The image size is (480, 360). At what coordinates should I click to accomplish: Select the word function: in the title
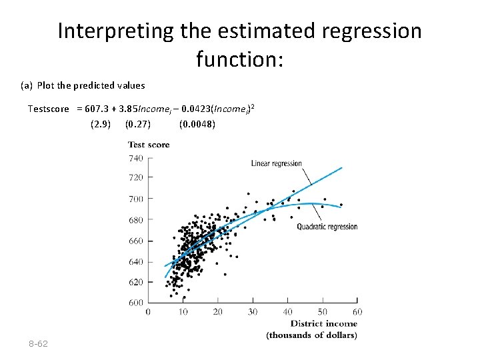(x=240, y=60)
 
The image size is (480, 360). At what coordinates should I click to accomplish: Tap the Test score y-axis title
(x=149, y=145)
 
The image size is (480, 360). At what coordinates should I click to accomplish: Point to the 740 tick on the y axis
(x=135, y=158)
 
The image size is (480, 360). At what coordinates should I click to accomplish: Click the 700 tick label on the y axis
(x=135, y=199)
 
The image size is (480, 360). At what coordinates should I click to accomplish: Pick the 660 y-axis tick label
(x=135, y=241)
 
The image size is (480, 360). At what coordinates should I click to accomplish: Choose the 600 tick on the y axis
(x=135, y=303)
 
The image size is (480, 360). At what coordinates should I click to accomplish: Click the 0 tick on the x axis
(x=147, y=311)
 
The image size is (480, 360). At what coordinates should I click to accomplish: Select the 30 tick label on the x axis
(x=253, y=311)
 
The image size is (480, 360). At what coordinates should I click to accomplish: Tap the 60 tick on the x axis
(x=357, y=311)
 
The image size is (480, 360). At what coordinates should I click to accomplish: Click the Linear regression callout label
(x=276, y=163)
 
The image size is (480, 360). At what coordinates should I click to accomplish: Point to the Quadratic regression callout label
(x=327, y=227)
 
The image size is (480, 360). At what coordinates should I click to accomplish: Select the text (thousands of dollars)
(x=311, y=335)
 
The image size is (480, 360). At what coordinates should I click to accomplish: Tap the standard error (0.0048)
(x=197, y=123)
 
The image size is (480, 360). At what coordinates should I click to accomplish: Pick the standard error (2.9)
(x=100, y=123)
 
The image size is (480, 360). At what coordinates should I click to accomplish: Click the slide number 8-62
(x=38, y=343)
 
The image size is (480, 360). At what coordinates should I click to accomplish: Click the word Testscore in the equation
(x=48, y=109)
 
